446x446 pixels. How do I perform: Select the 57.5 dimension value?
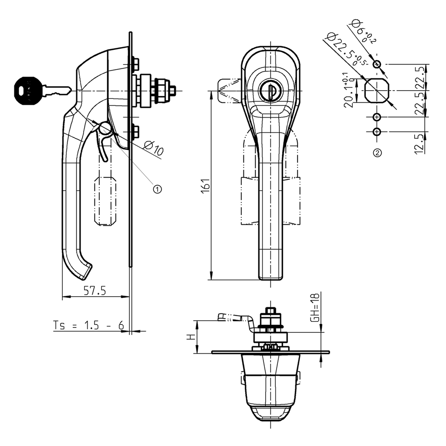(95, 291)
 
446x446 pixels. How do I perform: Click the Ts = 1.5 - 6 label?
(88, 325)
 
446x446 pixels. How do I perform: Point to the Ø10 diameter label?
(153, 149)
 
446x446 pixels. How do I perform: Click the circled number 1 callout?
(157, 188)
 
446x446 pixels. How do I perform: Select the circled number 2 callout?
(377, 152)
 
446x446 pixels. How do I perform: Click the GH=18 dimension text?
(315, 307)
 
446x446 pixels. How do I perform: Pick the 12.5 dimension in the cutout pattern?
(419, 143)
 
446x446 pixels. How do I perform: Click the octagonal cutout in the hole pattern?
(377, 91)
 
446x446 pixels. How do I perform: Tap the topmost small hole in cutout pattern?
(377, 65)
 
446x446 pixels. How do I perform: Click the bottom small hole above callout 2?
(377, 132)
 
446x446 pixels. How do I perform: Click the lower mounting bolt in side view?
(135, 130)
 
